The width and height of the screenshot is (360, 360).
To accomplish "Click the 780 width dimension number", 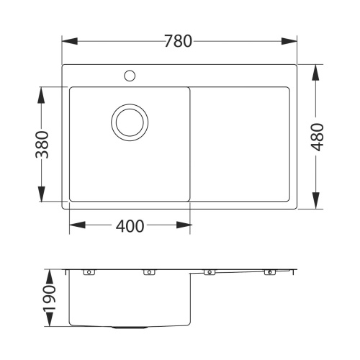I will [x=179, y=41].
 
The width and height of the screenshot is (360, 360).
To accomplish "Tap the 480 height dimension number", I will [x=317, y=137].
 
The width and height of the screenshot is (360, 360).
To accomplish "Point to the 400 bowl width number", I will [x=130, y=226].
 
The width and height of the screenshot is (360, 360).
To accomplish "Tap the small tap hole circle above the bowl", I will [x=130, y=75].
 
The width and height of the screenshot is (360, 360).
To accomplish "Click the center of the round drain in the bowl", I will [x=130, y=121].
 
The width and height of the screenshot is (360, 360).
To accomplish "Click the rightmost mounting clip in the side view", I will [x=271, y=272].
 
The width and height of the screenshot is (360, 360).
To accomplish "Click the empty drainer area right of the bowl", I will [x=240, y=144].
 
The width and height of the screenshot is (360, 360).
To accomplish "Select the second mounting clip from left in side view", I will [x=150, y=272].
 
